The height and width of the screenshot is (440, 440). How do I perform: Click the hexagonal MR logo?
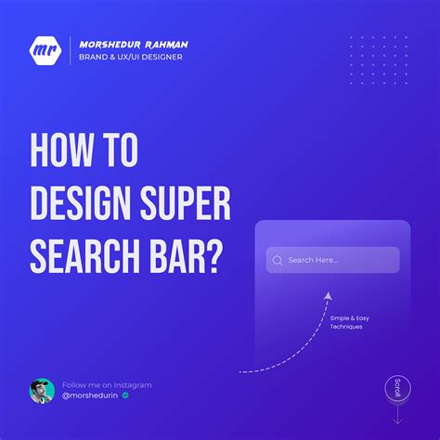click(x=45, y=50)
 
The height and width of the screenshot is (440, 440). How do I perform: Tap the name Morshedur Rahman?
click(x=134, y=45)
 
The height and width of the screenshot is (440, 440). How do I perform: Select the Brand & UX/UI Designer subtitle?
click(x=131, y=57)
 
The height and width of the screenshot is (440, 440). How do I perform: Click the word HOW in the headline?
click(x=61, y=150)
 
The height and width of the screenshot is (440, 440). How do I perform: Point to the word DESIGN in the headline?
click(x=81, y=203)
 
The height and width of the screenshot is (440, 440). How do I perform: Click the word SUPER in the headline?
click(x=186, y=203)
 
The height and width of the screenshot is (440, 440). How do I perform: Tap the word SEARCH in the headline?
click(x=85, y=257)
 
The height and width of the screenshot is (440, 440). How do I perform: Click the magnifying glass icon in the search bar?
click(x=278, y=261)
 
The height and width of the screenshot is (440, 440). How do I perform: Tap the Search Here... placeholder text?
click(x=313, y=260)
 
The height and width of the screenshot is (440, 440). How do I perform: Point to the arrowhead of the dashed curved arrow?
click(x=328, y=296)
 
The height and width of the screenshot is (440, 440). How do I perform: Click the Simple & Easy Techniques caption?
click(x=349, y=322)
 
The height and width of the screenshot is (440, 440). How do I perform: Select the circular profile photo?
click(x=42, y=391)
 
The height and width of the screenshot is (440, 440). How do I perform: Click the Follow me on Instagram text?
click(x=107, y=385)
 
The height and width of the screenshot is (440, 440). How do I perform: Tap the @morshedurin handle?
click(x=90, y=395)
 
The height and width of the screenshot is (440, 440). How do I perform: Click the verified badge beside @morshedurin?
click(x=125, y=395)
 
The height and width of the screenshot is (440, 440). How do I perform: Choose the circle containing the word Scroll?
click(x=397, y=388)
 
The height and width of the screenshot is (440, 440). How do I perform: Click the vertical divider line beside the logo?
click(x=70, y=50)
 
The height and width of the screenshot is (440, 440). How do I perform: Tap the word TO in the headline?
click(x=120, y=150)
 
